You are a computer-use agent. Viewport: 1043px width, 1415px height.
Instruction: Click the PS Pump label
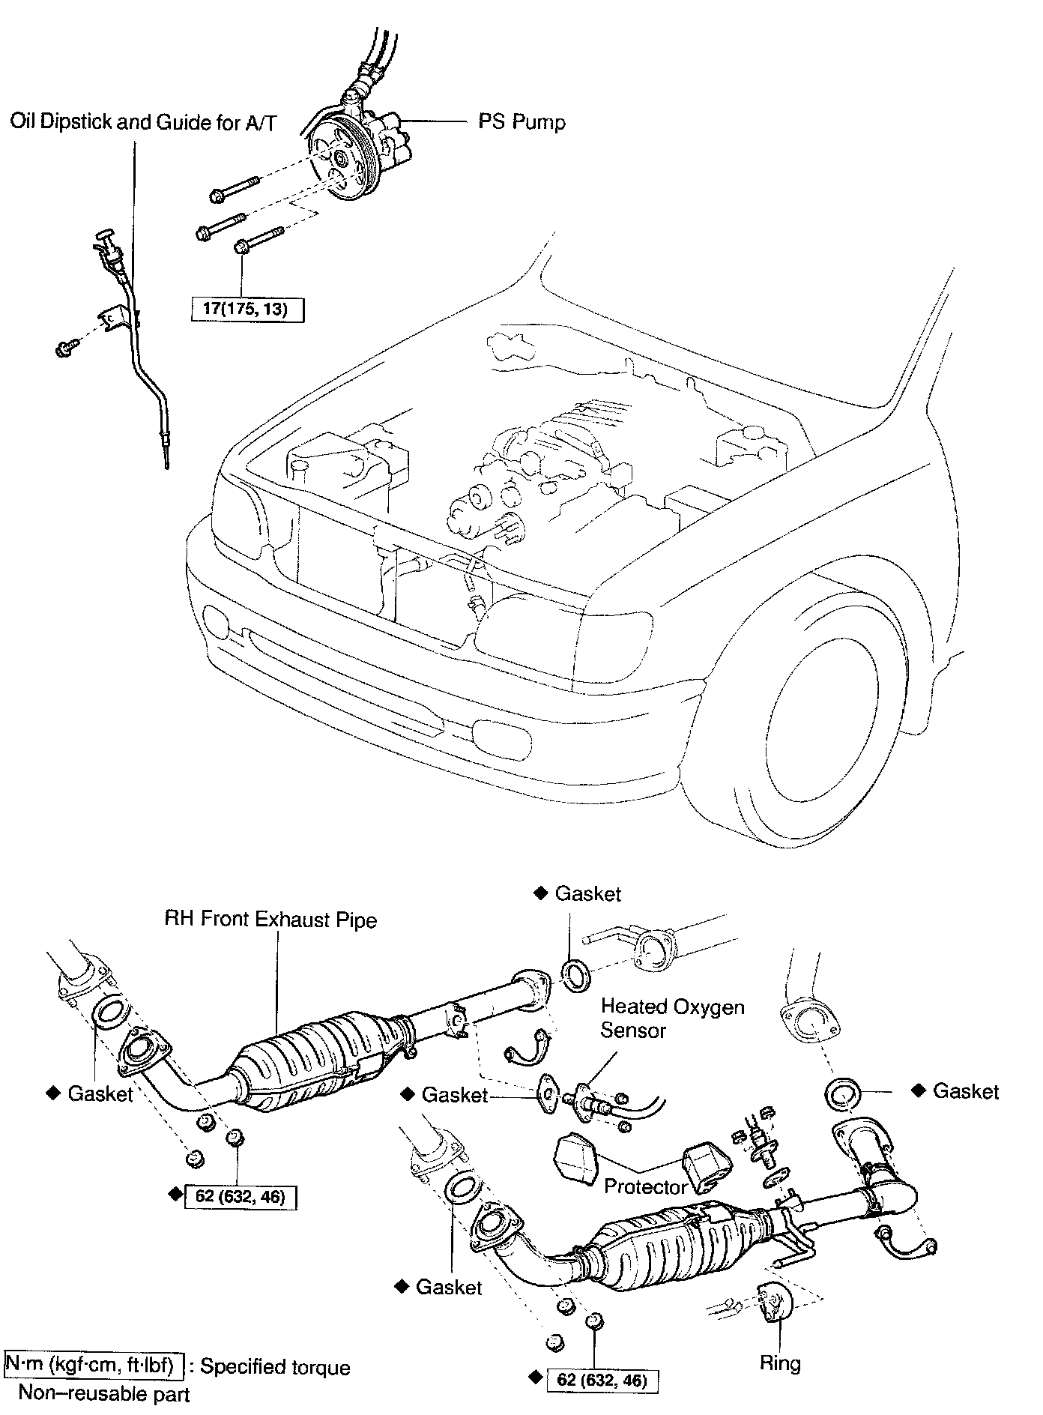[521, 121]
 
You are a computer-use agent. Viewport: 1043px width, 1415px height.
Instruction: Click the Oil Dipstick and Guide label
[142, 122]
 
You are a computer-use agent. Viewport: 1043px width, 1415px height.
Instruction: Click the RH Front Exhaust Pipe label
[270, 919]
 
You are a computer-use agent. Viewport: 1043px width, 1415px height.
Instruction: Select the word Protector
[645, 1186]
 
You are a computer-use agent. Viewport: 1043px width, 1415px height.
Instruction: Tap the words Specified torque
[275, 1367]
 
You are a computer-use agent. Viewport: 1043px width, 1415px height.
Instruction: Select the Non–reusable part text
[104, 1393]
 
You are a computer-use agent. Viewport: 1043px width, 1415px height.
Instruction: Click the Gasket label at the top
[587, 893]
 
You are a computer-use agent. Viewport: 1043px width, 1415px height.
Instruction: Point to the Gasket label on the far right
[965, 1091]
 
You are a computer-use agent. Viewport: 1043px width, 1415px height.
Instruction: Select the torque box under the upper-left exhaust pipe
[240, 1196]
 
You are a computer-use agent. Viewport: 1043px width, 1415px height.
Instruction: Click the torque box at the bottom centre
[602, 1379]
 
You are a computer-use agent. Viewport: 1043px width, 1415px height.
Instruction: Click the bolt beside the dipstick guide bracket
[64, 349]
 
